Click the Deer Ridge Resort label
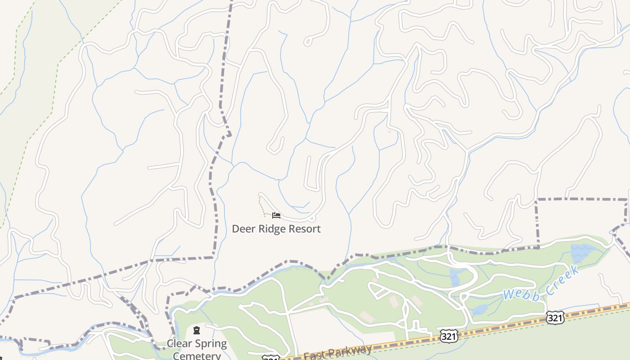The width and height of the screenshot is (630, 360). [x=276, y=229]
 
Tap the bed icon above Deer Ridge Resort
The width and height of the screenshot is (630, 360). [x=276, y=216]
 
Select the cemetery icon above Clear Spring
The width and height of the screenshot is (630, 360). [x=197, y=331]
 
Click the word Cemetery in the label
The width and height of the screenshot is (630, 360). [x=197, y=355]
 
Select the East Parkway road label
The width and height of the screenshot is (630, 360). [x=337, y=352]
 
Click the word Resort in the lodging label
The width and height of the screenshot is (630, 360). [x=304, y=229]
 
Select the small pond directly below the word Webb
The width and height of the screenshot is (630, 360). [x=481, y=310]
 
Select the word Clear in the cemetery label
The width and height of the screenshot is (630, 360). [x=180, y=344]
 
